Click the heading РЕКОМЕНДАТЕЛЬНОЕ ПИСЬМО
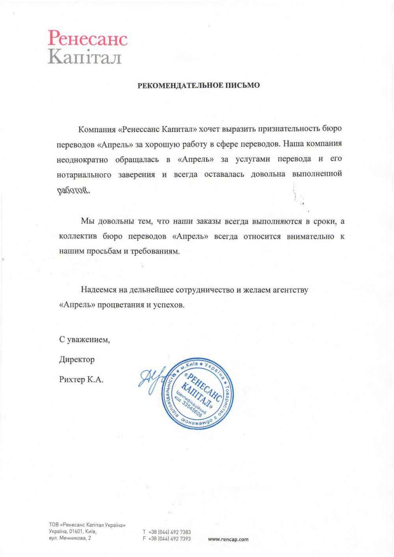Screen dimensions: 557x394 click(198, 85)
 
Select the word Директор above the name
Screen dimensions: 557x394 click(77, 360)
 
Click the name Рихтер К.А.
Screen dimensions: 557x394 click(81, 380)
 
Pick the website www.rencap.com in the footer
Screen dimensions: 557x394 click(228, 539)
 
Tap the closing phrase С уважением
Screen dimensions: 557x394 click(84, 339)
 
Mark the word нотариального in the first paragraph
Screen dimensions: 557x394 click(84, 174)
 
